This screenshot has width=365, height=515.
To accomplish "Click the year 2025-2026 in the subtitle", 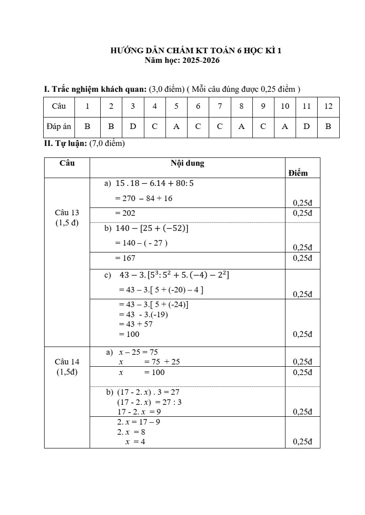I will click(201, 60).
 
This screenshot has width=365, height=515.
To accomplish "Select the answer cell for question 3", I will click(133, 127).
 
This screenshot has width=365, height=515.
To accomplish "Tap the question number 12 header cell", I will click(328, 106).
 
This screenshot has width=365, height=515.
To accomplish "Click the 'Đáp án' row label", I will click(59, 127).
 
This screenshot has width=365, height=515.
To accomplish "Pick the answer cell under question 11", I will click(307, 127).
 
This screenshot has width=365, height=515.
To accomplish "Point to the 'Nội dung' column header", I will click(188, 163).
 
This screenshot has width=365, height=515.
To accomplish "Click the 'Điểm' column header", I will click(298, 173).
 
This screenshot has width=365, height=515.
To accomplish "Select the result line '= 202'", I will click(125, 213).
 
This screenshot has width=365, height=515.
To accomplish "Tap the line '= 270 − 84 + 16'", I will click(144, 198).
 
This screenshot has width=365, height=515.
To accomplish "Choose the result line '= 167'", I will click(125, 258).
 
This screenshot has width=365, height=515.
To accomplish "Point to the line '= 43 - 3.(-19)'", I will click(146, 314).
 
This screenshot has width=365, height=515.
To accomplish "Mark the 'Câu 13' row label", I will click(67, 213).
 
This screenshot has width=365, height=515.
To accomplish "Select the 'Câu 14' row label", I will click(67, 362).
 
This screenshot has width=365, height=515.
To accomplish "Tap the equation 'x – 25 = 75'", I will click(138, 353).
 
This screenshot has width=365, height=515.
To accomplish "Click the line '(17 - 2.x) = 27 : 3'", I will click(149, 402).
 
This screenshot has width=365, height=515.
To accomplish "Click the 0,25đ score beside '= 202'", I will click(302, 213).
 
